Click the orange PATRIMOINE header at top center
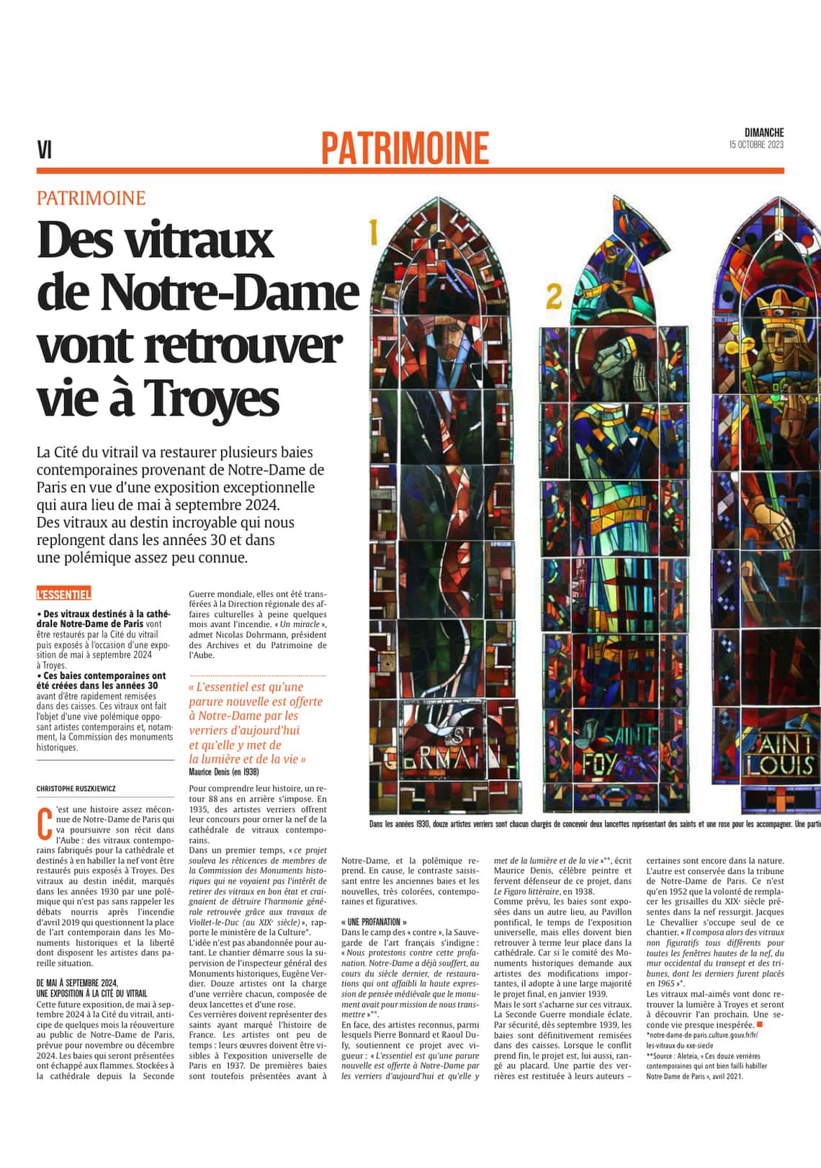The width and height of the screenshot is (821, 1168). (x=405, y=148)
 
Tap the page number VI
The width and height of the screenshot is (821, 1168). (x=45, y=150)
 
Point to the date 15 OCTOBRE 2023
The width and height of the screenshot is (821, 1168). (x=755, y=145)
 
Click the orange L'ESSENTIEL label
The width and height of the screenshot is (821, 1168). (x=63, y=594)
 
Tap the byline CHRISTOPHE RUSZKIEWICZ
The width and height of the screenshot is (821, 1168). (x=76, y=789)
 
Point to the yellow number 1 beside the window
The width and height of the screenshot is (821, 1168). (x=374, y=232)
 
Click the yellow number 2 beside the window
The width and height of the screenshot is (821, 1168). (x=554, y=295)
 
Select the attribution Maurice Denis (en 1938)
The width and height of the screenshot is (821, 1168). (x=223, y=772)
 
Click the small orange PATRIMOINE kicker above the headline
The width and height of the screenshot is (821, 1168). (x=91, y=198)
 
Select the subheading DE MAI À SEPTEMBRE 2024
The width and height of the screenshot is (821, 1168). (x=77, y=983)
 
